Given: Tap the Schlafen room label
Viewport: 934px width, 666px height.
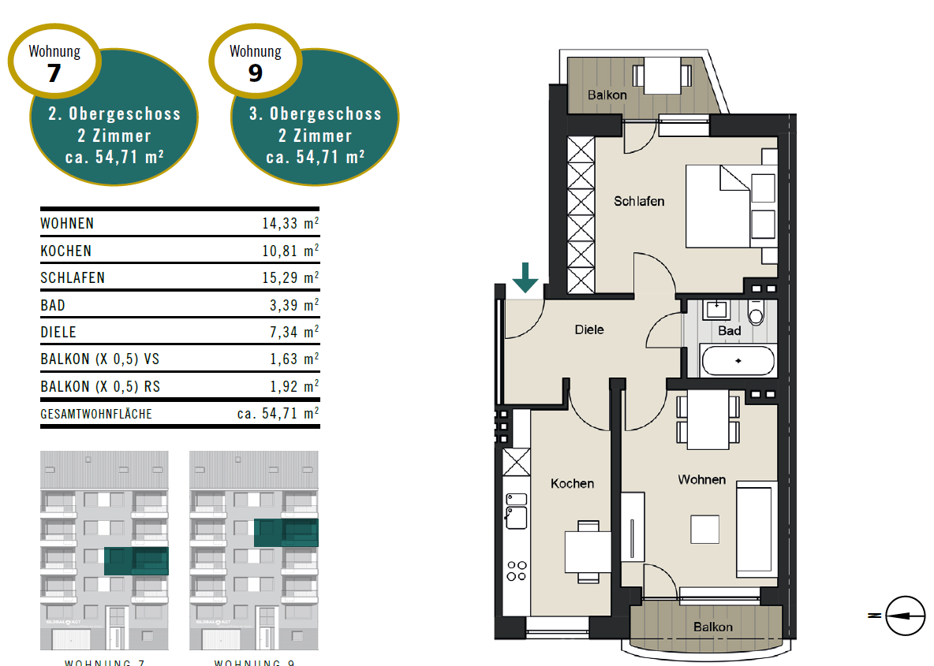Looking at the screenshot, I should coord(639,201).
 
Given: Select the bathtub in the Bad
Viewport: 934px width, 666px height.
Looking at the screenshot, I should coord(738,360).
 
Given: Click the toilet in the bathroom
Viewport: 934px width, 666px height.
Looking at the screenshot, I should coord(756,313).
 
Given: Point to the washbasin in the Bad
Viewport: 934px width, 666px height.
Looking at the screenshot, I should coord(715,308).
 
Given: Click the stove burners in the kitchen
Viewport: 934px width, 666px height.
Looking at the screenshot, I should coord(517,570).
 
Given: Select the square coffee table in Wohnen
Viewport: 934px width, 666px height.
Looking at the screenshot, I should coord(705,528).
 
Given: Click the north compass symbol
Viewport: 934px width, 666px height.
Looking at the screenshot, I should coord(904,615).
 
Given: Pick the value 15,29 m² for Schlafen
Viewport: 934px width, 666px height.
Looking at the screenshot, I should coord(290,277).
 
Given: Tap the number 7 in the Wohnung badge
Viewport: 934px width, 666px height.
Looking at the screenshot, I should coord(54,73).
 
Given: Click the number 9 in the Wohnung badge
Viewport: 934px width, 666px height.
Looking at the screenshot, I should coord(255,73).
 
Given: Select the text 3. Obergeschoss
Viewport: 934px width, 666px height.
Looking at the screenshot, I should coord(316,113).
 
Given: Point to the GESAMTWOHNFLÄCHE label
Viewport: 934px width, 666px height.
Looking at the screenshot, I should coord(96,413).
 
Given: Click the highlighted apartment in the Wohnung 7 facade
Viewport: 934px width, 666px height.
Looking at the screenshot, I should coord(136,561).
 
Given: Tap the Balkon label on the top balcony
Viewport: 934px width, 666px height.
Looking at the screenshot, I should coord(607,95).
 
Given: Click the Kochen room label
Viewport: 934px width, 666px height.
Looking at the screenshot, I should coord(572,483).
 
